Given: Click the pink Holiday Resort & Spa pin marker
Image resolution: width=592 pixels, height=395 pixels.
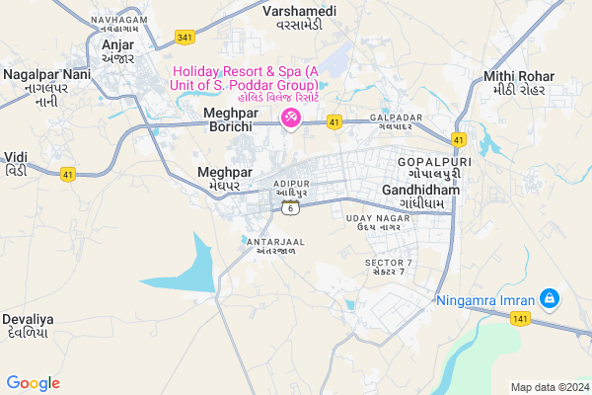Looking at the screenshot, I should click(292, 118).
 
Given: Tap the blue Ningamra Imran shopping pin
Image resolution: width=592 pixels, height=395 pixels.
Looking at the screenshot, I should click(551, 298).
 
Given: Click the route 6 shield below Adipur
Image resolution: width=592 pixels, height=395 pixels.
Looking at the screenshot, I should click(289, 206).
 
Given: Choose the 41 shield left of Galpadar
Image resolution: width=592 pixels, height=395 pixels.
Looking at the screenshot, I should click(334, 122).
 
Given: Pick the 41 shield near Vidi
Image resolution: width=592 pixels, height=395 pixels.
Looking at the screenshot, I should click(68, 175).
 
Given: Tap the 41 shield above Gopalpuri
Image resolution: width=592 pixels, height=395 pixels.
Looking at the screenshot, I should click(459, 139).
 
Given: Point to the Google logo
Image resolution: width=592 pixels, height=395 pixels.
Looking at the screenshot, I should click(33, 383).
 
